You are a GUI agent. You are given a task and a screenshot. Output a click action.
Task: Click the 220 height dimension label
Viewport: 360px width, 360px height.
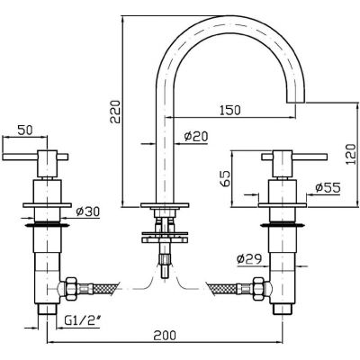115,112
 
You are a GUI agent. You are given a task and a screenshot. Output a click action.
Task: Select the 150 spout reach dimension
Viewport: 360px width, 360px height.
230,110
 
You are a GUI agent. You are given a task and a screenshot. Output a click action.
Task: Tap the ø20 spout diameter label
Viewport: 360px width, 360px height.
196,137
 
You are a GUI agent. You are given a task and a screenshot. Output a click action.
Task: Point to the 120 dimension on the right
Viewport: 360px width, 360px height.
351,154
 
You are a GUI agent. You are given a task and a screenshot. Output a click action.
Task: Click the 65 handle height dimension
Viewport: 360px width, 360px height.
226,178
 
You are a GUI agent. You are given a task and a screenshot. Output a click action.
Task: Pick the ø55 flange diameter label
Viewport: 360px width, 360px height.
328,188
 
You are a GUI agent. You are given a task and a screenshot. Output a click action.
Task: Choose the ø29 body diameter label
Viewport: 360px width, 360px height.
249,258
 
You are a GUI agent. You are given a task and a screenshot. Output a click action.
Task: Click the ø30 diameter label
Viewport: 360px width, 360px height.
87,212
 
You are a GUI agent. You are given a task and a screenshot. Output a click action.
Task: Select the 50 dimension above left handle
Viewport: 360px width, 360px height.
25,130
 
